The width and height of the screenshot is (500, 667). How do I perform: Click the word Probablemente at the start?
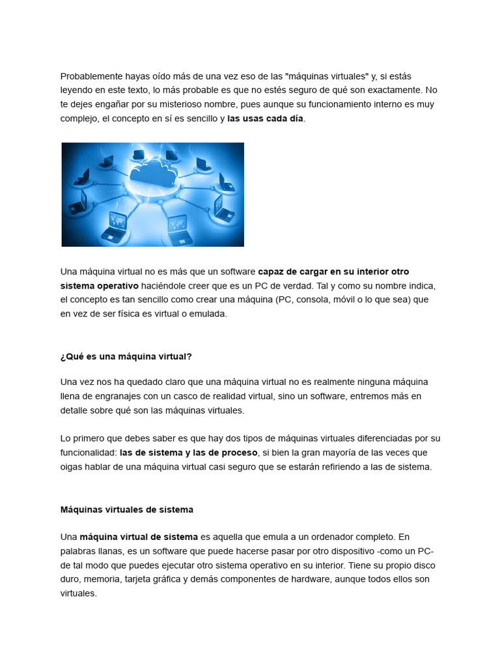tap(90, 76)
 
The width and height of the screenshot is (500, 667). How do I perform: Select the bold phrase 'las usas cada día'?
tap(265, 119)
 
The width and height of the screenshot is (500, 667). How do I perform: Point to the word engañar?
tap(115, 104)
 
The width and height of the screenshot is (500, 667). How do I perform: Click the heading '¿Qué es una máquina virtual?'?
tap(126, 356)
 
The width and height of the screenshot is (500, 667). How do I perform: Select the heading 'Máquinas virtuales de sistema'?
tap(127, 509)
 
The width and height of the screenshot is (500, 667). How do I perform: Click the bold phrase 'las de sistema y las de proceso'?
tap(189, 453)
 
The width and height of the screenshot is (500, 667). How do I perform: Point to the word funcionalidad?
tap(87, 453)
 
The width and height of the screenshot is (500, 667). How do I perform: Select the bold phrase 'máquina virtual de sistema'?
tap(139, 537)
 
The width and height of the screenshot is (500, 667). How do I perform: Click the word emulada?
tap(208, 313)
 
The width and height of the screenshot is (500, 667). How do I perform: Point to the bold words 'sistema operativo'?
tap(100, 285)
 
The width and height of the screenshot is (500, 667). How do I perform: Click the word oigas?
tap(72, 466)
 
